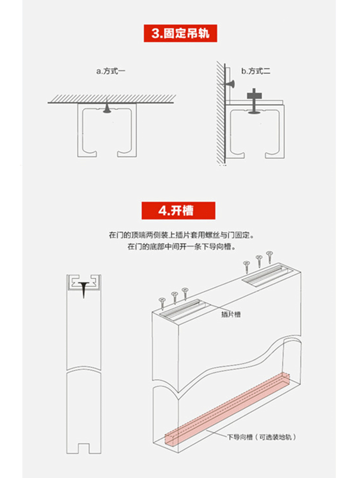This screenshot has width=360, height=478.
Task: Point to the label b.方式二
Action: [x=255, y=71]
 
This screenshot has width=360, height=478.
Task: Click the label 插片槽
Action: [x=231, y=315]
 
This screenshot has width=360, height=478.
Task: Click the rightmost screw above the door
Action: [x=270, y=257]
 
